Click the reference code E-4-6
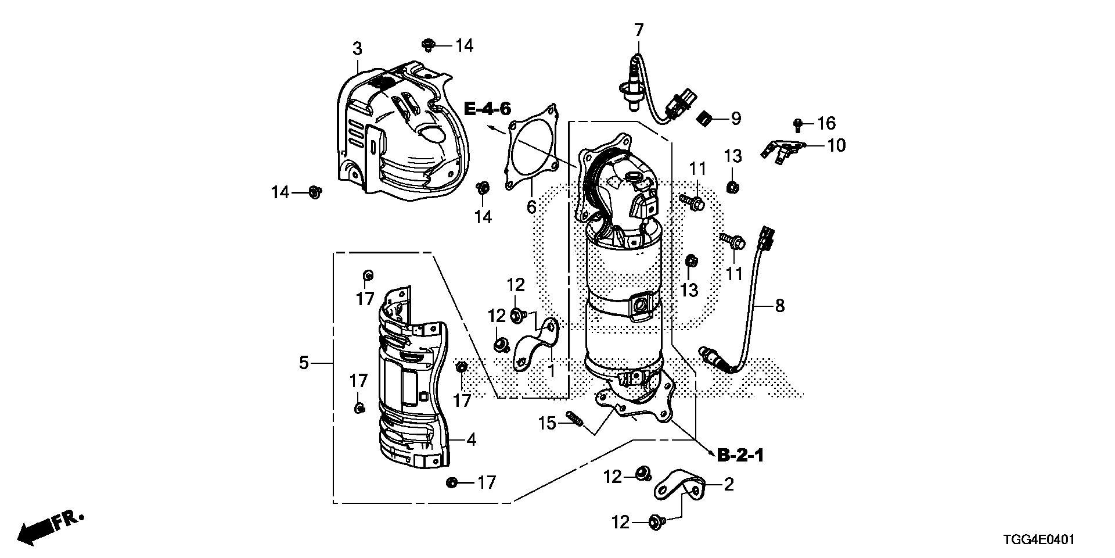click(488, 109)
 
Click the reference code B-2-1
click(740, 456)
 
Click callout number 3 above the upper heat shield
click(357, 49)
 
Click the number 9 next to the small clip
click(735, 119)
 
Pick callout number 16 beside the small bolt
click(826, 123)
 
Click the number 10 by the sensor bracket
click(836, 145)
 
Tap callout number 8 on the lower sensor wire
click(779, 305)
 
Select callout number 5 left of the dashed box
click(303, 363)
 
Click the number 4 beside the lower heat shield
click(471, 440)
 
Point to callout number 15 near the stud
click(547, 423)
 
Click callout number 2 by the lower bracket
click(728, 484)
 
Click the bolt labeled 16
click(798, 123)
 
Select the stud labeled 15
click(574, 419)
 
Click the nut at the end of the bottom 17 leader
click(452, 482)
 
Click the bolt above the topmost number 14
click(429, 43)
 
